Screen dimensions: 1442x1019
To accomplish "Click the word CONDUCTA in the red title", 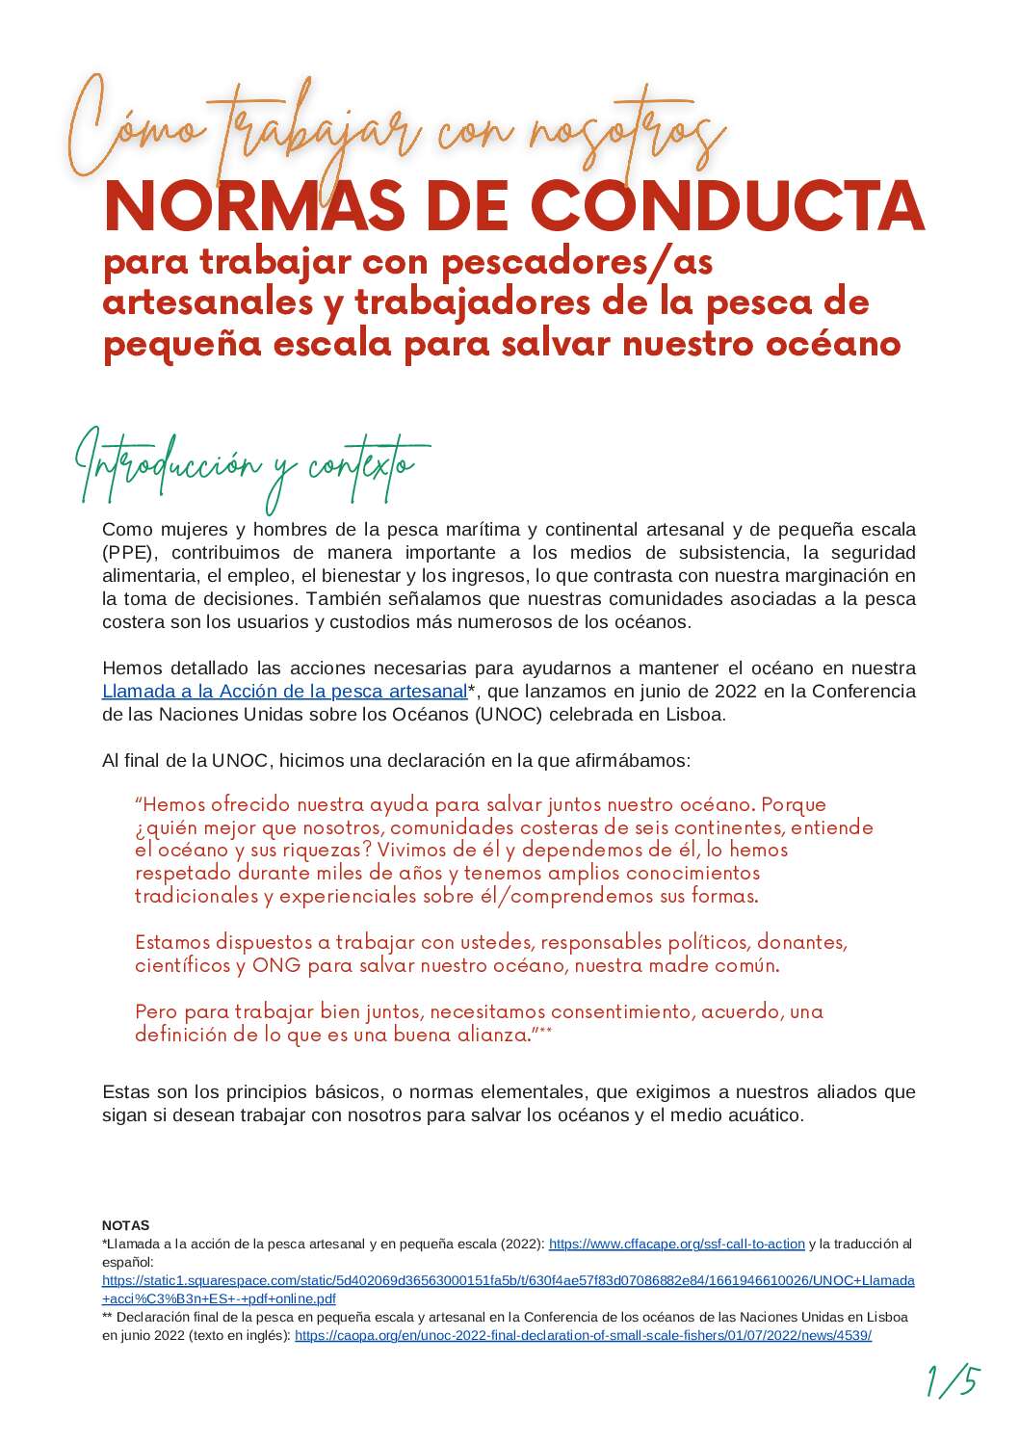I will coord(728,206).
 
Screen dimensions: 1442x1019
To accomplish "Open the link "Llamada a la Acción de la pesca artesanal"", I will coord(284,692).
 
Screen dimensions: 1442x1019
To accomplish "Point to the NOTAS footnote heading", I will coord(125,1225).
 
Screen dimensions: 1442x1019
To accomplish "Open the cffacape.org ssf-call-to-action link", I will coord(676,1245).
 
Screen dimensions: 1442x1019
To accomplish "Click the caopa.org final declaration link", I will coord(583,1336).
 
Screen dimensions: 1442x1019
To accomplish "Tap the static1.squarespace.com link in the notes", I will coord(508,1281).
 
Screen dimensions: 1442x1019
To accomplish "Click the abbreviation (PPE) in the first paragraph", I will coord(127,553).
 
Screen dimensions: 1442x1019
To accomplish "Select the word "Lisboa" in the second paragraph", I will coord(691,715).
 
